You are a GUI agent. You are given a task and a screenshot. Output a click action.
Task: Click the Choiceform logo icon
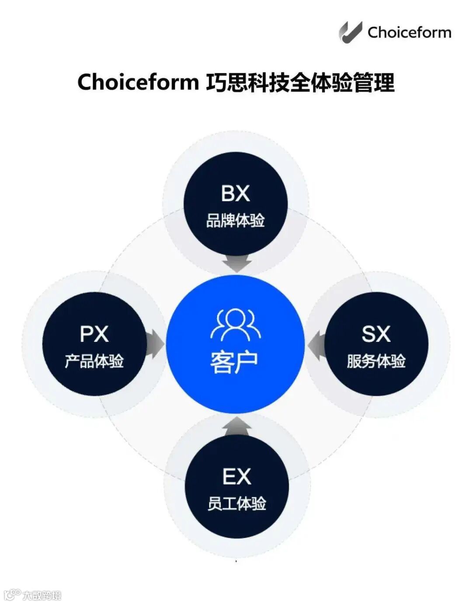350,32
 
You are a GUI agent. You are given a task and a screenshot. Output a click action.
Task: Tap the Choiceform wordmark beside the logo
409,32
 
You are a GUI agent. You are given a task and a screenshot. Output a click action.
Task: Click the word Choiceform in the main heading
138,82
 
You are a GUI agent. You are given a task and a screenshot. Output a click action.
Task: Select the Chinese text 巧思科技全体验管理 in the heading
300,82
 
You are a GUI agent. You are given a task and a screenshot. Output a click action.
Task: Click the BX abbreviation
236,194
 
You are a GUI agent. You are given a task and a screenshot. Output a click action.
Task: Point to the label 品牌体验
236,221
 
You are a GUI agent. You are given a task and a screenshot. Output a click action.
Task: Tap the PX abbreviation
94,334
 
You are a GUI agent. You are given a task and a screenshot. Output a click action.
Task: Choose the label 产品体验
94,361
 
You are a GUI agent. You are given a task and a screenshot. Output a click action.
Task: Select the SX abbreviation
376,334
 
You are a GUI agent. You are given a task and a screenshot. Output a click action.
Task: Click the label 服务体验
376,361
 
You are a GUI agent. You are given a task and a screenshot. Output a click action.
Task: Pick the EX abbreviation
236,476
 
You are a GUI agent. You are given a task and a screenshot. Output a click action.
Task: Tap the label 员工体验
236,503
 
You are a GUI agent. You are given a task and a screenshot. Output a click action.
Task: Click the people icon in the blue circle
235,325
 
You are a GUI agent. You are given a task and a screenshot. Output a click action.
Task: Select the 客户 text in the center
234,362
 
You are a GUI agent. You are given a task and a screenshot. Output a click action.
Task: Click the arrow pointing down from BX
236,263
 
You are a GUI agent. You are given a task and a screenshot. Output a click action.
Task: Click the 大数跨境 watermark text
42,595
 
